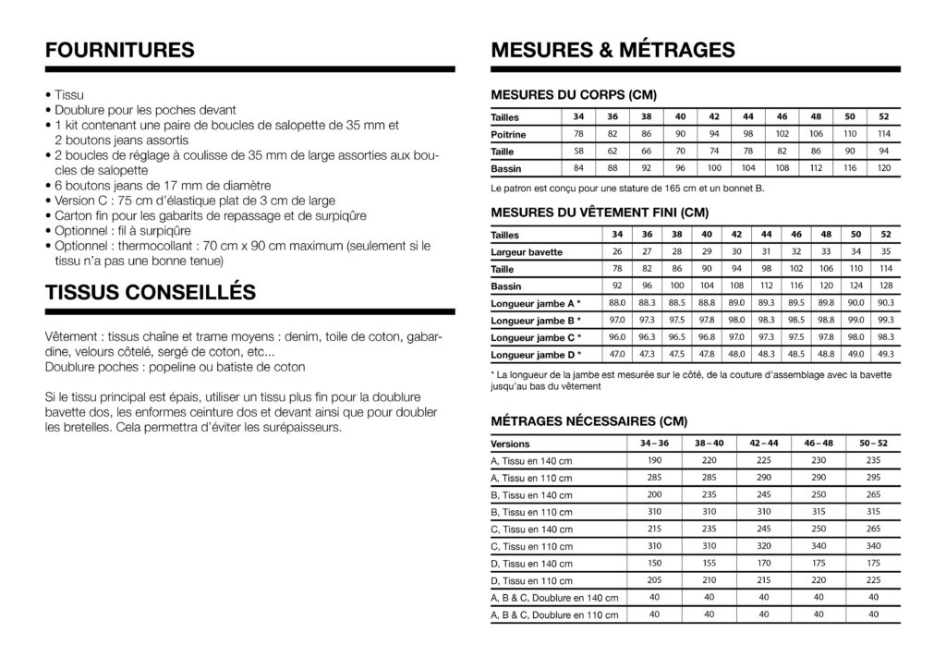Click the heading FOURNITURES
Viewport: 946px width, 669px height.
tap(119, 50)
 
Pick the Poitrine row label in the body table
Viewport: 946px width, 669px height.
tap(509, 135)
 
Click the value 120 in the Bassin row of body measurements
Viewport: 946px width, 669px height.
tap(884, 169)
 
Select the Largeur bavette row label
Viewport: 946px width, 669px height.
tap(527, 252)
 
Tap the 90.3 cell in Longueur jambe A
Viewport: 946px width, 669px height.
tap(884, 302)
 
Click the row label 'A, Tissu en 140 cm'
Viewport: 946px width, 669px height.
tap(531, 461)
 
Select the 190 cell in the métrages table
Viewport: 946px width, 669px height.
tap(655, 460)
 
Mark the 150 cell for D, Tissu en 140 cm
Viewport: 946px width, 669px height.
tap(655, 562)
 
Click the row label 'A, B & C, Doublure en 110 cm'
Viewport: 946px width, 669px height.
tap(554, 614)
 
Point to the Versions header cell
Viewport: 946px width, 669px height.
tap(511, 444)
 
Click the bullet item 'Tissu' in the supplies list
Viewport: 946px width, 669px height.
tap(68, 94)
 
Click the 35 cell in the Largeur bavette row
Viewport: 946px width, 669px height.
tap(884, 251)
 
